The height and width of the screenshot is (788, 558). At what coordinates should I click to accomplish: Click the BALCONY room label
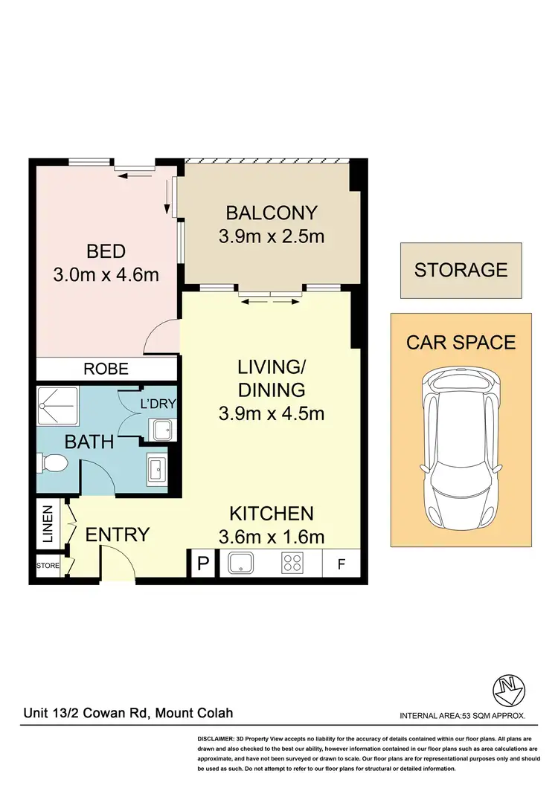[272, 213]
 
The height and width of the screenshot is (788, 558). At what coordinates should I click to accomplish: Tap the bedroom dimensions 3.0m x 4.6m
[106, 275]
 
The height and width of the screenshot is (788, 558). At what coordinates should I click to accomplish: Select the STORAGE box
[461, 270]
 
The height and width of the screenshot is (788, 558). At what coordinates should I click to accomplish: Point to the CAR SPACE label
[461, 343]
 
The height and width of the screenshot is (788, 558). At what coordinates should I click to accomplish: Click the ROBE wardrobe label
[106, 369]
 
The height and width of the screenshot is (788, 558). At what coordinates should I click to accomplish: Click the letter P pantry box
[202, 564]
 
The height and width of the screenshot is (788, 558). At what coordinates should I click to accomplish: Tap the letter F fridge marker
[341, 564]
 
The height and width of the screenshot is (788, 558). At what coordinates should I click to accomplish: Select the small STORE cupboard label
[48, 566]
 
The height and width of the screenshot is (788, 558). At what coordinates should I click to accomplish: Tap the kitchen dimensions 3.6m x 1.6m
[272, 536]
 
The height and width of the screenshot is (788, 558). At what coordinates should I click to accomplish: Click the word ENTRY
[118, 535]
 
